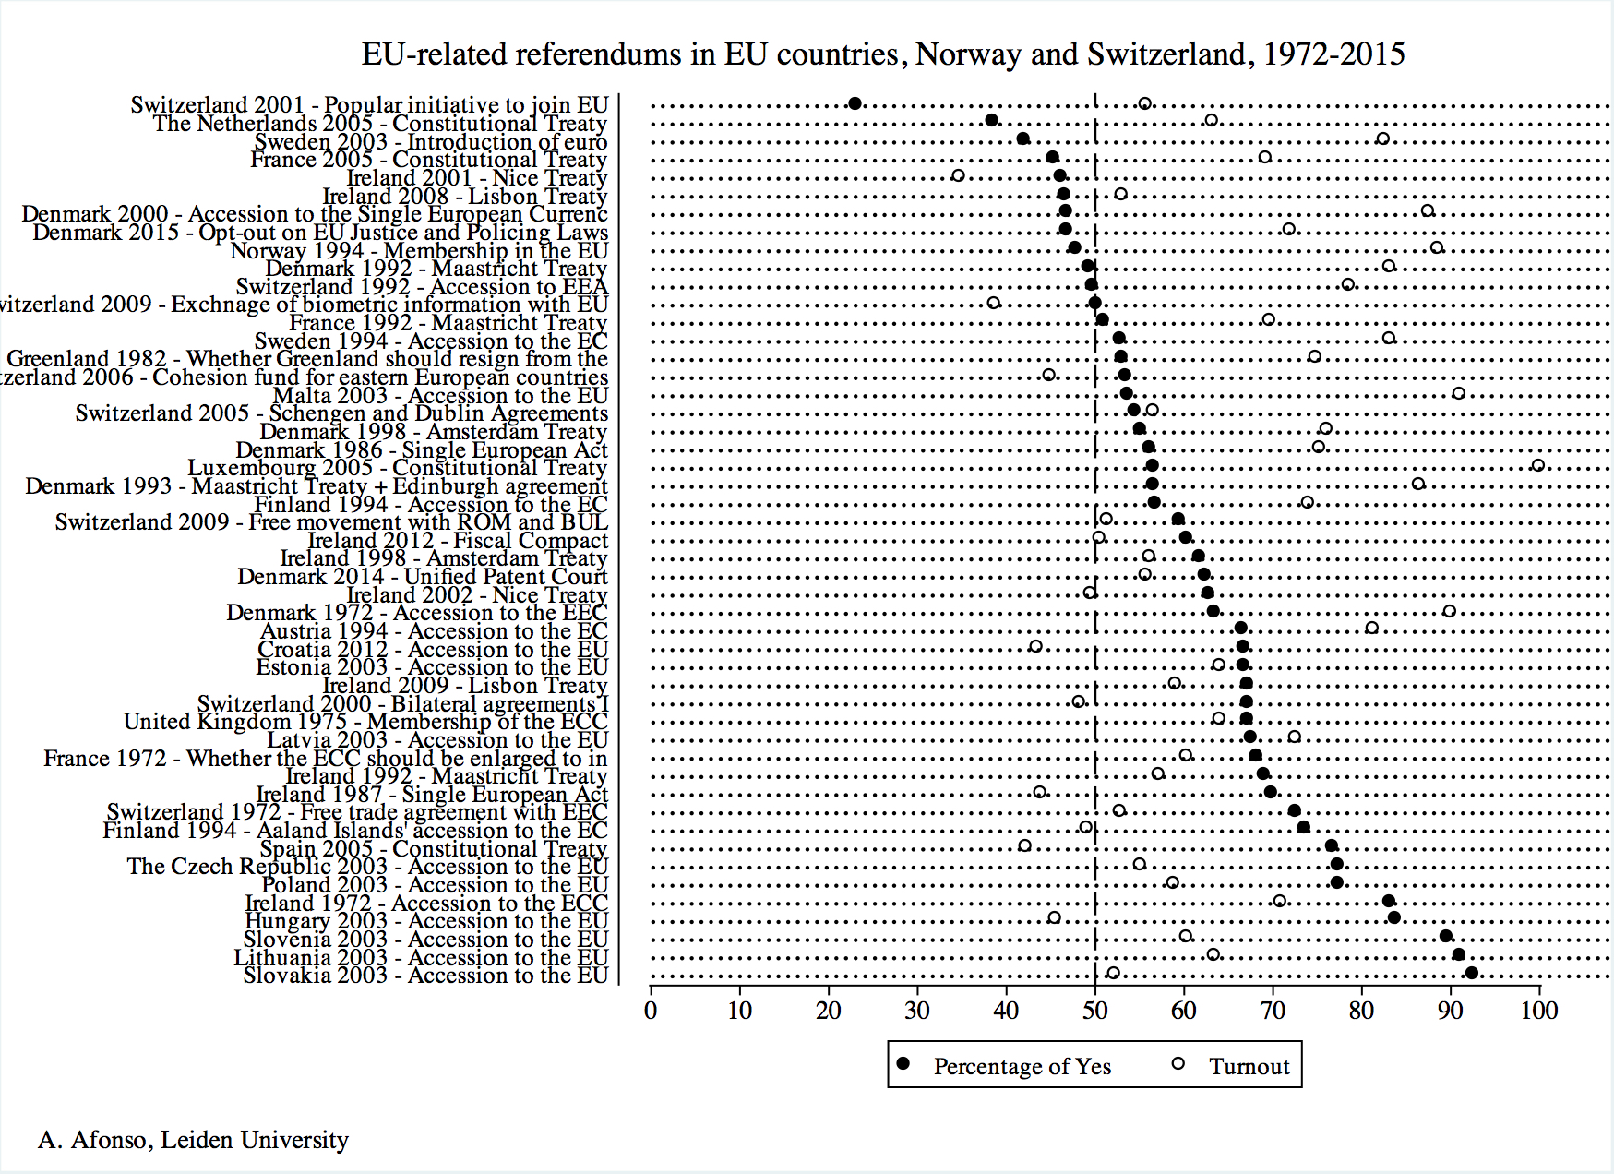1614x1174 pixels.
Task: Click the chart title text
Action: pyautogui.click(x=882, y=54)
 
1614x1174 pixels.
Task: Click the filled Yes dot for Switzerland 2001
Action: pyautogui.click(x=855, y=103)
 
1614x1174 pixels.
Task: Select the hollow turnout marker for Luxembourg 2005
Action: pyautogui.click(x=1537, y=465)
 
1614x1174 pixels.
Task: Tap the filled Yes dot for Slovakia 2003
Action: pyautogui.click(x=1471, y=973)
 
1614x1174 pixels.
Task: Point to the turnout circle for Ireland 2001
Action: pyautogui.click(x=958, y=175)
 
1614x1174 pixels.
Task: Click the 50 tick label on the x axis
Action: pyautogui.click(x=1095, y=1011)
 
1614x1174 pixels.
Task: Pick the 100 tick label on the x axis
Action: pyautogui.click(x=1539, y=1011)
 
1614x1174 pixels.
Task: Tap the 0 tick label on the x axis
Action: pyautogui.click(x=651, y=1011)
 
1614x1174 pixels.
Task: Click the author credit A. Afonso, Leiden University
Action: pyautogui.click(x=193, y=1141)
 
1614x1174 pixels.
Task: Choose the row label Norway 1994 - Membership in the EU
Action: pyautogui.click(x=419, y=251)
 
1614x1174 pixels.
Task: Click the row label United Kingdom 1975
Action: pyautogui.click(x=365, y=722)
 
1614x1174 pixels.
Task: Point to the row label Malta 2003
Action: pyautogui.click(x=440, y=396)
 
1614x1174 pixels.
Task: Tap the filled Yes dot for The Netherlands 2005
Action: pyautogui.click(x=991, y=120)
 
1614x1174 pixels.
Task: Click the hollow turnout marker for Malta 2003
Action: pyautogui.click(x=1458, y=393)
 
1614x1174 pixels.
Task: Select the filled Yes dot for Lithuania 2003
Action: pyautogui.click(x=1458, y=954)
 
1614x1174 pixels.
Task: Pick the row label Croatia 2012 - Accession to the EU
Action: pyautogui.click(x=433, y=650)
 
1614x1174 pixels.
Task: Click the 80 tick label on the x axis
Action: pyautogui.click(x=1361, y=1011)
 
